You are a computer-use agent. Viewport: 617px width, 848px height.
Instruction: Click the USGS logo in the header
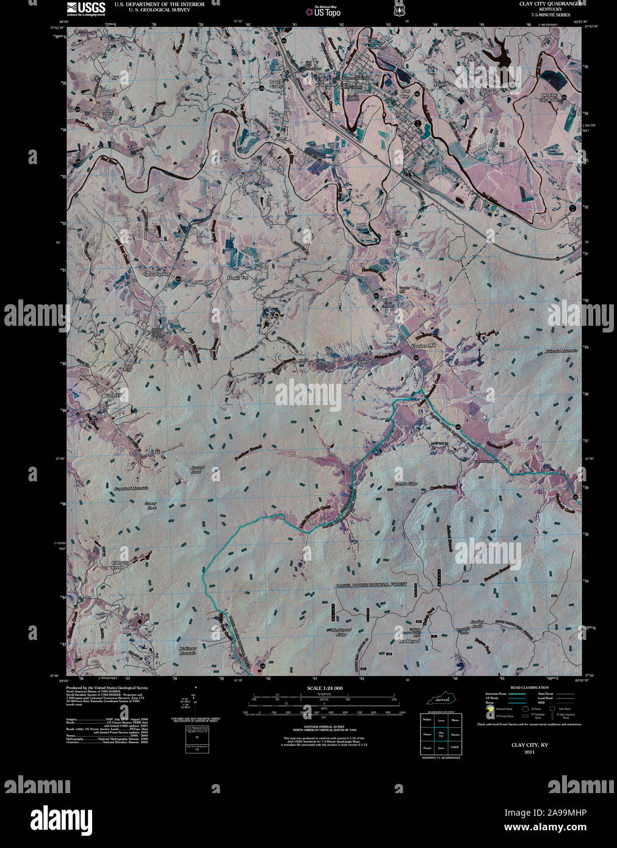click(x=85, y=8)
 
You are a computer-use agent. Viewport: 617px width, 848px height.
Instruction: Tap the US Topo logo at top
click(x=323, y=10)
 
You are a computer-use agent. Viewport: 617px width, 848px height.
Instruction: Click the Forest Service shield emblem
click(x=399, y=10)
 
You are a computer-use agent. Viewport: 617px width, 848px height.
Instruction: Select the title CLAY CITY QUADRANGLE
click(x=537, y=4)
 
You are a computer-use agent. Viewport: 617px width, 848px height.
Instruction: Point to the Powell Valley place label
click(x=276, y=85)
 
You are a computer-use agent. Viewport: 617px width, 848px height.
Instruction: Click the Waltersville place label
click(x=327, y=85)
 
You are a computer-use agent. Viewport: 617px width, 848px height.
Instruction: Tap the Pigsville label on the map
click(x=442, y=84)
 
